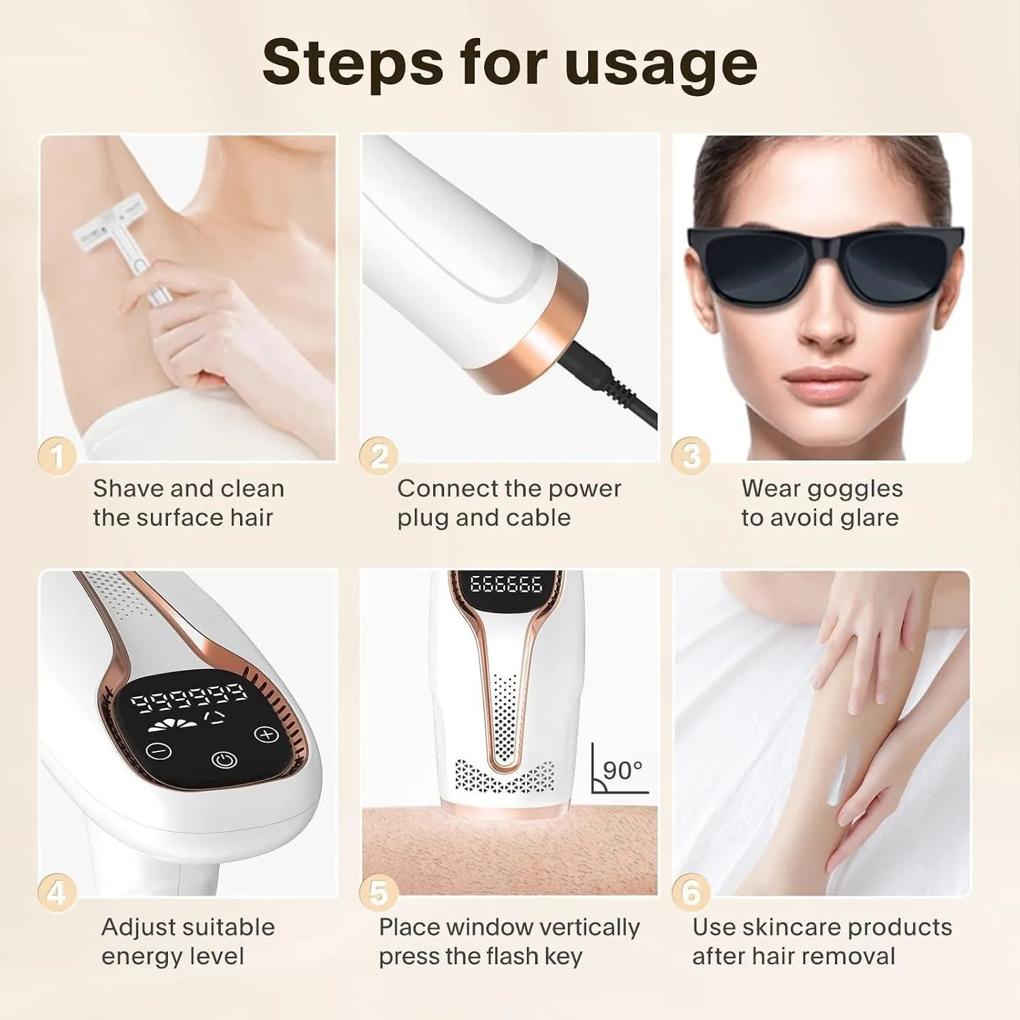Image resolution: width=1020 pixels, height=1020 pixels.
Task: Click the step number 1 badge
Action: (57, 456)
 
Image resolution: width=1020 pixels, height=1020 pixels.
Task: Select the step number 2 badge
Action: (379, 456)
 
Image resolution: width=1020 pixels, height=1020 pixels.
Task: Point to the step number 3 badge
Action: (691, 456)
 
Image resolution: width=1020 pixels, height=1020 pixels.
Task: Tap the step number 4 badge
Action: (57, 892)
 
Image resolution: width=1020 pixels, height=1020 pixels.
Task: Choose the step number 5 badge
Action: (379, 892)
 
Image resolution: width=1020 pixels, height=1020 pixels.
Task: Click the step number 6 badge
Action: (691, 892)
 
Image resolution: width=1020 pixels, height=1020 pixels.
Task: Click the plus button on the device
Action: (267, 734)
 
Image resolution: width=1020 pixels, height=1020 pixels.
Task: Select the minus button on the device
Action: (159, 751)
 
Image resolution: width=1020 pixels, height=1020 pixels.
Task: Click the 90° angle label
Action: (622, 770)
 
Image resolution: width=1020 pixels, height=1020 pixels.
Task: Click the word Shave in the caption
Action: (128, 488)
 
